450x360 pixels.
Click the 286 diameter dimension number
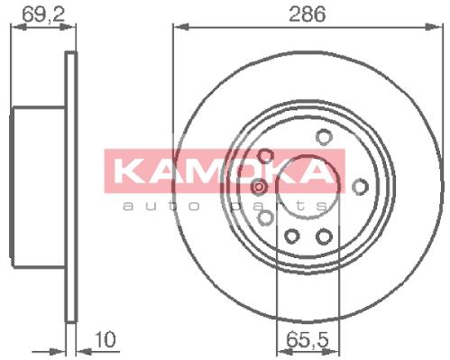pyautogui.click(x=307, y=14)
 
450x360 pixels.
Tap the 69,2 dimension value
pyautogui.click(x=43, y=14)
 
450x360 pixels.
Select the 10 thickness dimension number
pyautogui.click(x=105, y=339)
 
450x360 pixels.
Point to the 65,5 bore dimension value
pyautogui.click(x=308, y=340)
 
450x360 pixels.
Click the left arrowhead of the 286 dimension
pyautogui.click(x=181, y=27)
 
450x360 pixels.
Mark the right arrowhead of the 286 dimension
pyautogui.click(x=435, y=27)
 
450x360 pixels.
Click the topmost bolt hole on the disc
pyautogui.click(x=324, y=137)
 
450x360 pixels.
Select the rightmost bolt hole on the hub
pyautogui.click(x=360, y=187)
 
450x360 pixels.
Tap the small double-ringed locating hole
pyautogui.click(x=259, y=187)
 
